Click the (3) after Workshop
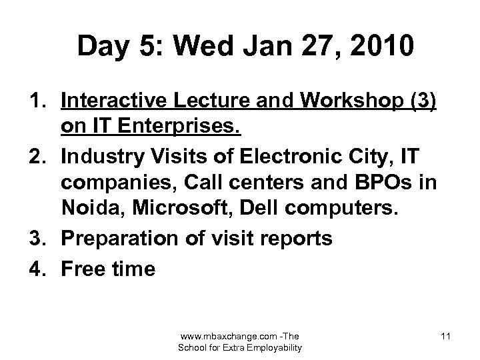click(419, 101)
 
